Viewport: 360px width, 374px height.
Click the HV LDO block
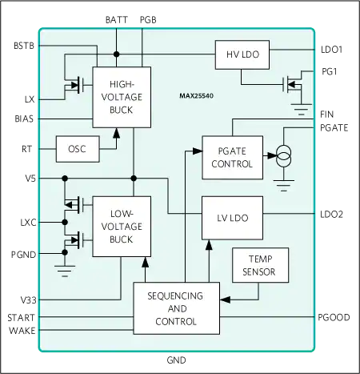coord(242,54)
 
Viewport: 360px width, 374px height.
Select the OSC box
coord(78,149)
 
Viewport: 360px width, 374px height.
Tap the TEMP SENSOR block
coord(260,265)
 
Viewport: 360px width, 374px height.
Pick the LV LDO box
coord(232,218)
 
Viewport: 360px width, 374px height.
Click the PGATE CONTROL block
coord(232,158)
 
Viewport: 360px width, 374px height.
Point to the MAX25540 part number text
coord(197,96)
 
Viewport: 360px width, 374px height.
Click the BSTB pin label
coord(24,46)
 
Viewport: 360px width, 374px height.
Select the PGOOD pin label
coord(334,317)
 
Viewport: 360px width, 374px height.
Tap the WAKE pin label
coord(22,331)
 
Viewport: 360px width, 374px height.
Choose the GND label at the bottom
coord(176,360)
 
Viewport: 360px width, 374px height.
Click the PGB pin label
coord(148,20)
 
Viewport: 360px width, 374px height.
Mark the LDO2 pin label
coord(331,215)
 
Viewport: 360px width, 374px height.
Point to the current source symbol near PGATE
coord(283,156)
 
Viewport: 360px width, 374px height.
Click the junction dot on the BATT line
coord(116,54)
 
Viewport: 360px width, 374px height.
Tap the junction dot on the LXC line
coord(65,222)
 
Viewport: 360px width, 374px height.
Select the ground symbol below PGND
coord(65,271)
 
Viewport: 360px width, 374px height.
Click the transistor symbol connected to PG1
coord(292,85)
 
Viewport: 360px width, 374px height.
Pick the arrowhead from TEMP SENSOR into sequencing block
coord(225,300)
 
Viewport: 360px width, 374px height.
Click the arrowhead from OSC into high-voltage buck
coord(116,133)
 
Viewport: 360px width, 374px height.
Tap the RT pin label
coord(26,149)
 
